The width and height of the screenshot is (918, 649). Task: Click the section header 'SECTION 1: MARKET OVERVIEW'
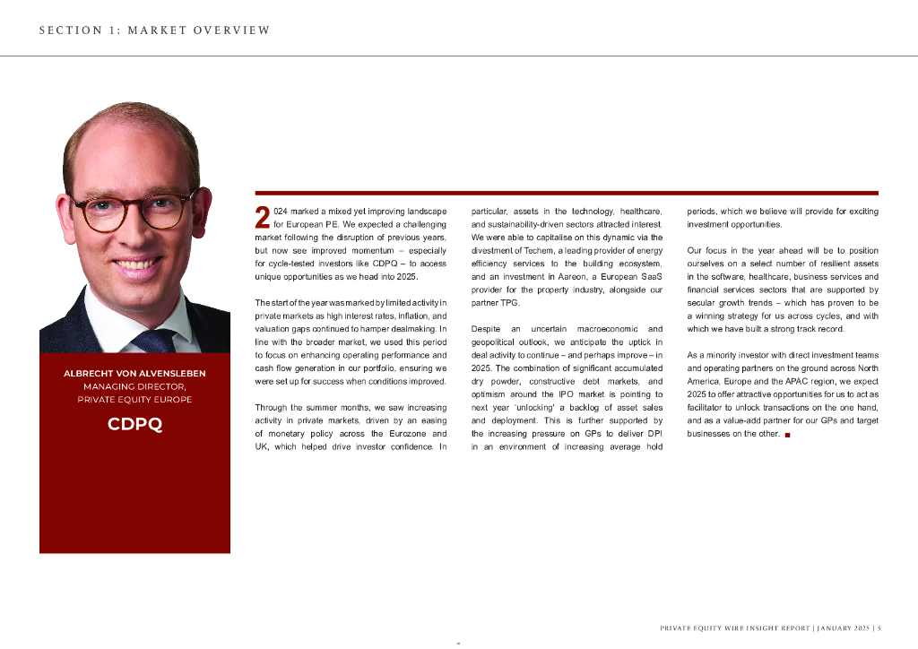154,30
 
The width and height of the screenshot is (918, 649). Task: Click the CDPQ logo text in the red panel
134,424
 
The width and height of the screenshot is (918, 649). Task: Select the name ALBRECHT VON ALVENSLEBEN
134,373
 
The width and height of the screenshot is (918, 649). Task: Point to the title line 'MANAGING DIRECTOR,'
134,386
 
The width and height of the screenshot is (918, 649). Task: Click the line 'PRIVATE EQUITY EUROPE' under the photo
134,400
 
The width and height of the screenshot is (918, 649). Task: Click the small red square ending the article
787,435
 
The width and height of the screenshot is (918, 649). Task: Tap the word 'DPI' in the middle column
652,433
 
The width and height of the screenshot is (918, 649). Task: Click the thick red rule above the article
567,193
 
